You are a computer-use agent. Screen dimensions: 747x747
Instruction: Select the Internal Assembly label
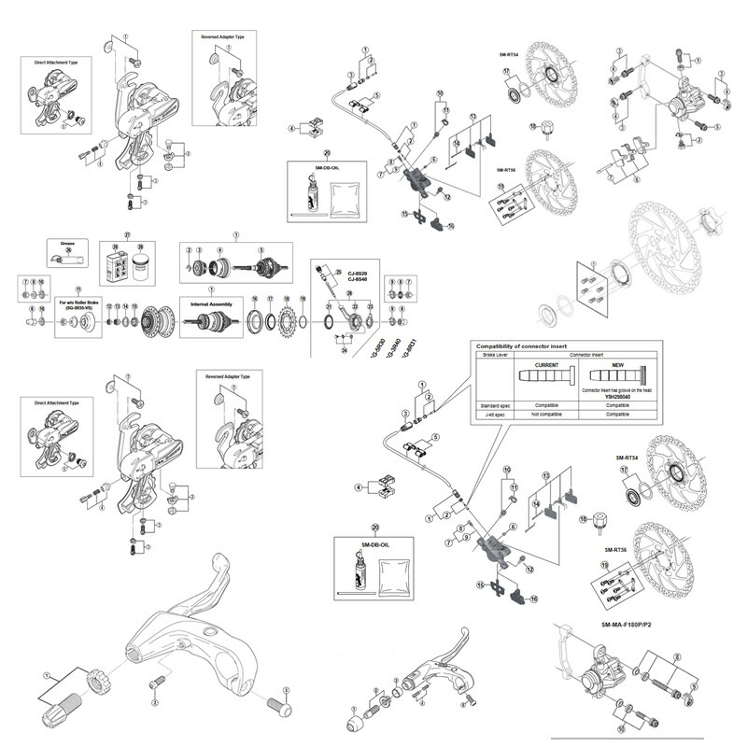pyautogui.click(x=212, y=304)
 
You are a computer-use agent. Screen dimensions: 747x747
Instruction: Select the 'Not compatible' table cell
pyautogui.click(x=546, y=414)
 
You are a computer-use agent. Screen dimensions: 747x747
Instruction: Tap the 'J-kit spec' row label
pyautogui.click(x=494, y=414)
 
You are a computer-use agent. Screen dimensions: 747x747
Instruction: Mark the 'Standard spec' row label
pyautogui.click(x=496, y=405)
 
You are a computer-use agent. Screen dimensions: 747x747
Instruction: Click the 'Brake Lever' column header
pyautogui.click(x=494, y=356)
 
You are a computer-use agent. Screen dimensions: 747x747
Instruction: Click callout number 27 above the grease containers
pyautogui.click(x=128, y=235)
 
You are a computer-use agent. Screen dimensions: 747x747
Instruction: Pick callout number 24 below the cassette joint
pyautogui.click(x=344, y=351)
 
